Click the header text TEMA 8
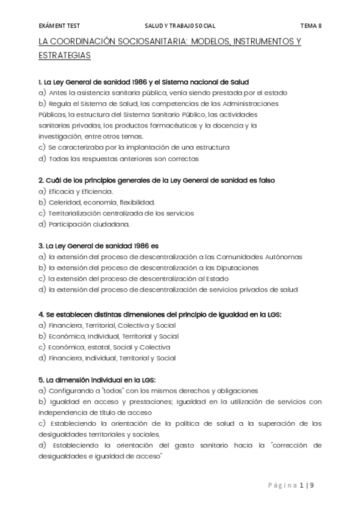tap(311, 26)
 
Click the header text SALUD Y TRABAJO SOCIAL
tap(180, 26)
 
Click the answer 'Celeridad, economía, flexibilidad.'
tap(102, 202)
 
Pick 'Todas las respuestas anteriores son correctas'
tap(124, 159)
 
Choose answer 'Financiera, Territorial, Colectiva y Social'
tap(114, 325)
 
